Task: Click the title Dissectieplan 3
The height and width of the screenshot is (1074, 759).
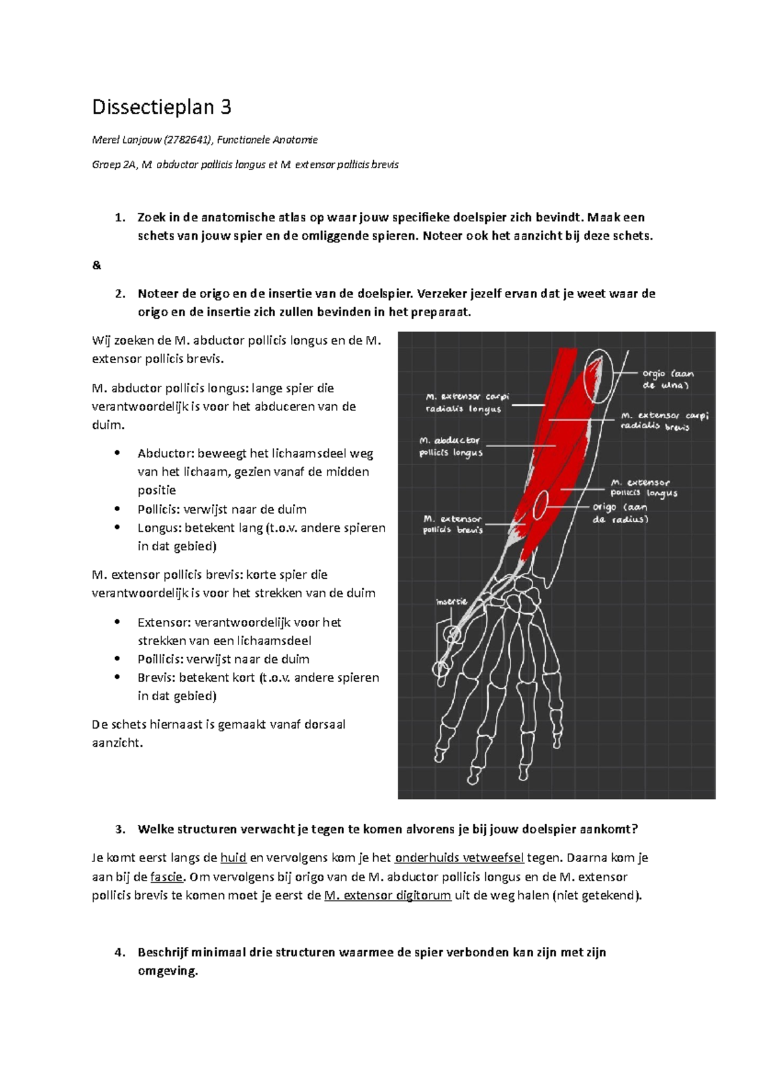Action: (161, 108)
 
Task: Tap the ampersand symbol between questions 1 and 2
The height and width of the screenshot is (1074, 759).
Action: (96, 265)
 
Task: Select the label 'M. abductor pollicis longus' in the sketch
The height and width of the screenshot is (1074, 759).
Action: (450, 446)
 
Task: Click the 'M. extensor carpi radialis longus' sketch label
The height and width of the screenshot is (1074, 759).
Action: (467, 402)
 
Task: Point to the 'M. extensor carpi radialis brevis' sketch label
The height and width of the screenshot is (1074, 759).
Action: (663, 421)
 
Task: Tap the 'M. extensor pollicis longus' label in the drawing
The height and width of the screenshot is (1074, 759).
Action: (643, 488)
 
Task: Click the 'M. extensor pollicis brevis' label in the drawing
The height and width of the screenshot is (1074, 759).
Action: (452, 524)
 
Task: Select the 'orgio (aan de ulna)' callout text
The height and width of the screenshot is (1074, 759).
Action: (667, 379)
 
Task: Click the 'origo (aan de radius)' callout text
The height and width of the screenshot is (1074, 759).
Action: (620, 513)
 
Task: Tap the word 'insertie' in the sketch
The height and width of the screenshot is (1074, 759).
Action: (452, 602)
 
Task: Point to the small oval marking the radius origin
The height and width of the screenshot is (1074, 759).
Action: (540, 505)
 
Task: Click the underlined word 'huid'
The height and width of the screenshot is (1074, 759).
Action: (233, 858)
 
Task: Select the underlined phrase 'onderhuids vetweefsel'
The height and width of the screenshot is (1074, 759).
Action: (459, 858)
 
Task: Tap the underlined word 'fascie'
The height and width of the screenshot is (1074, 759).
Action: (166, 877)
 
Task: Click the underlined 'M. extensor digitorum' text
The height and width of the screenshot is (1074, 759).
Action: (387, 896)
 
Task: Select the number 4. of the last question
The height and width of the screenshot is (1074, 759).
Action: (120, 953)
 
